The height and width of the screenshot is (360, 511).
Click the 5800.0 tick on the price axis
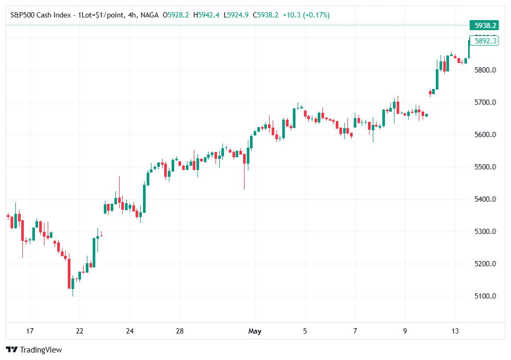pos(485,70)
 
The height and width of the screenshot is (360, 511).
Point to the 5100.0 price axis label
pos(485,296)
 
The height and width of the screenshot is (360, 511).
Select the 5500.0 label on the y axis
pos(485,167)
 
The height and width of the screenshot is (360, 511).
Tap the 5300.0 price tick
pos(485,231)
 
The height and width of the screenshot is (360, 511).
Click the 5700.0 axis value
pos(485,102)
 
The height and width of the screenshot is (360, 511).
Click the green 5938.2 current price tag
pos(485,25)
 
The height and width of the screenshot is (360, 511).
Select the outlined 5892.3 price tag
pos(485,40)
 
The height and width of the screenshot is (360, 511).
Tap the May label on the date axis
pos(255,331)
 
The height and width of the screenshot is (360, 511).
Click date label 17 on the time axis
pos(30,331)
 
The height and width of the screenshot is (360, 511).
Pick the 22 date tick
pos(79,331)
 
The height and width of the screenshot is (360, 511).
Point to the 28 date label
pos(180,331)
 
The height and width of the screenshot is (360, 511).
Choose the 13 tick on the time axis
pos(455,331)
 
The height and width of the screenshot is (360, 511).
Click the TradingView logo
pos(34,349)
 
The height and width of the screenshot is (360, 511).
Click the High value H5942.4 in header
pos(207,15)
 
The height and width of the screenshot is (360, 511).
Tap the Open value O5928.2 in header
pos(176,15)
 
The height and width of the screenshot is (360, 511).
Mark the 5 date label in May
pos(304,331)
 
